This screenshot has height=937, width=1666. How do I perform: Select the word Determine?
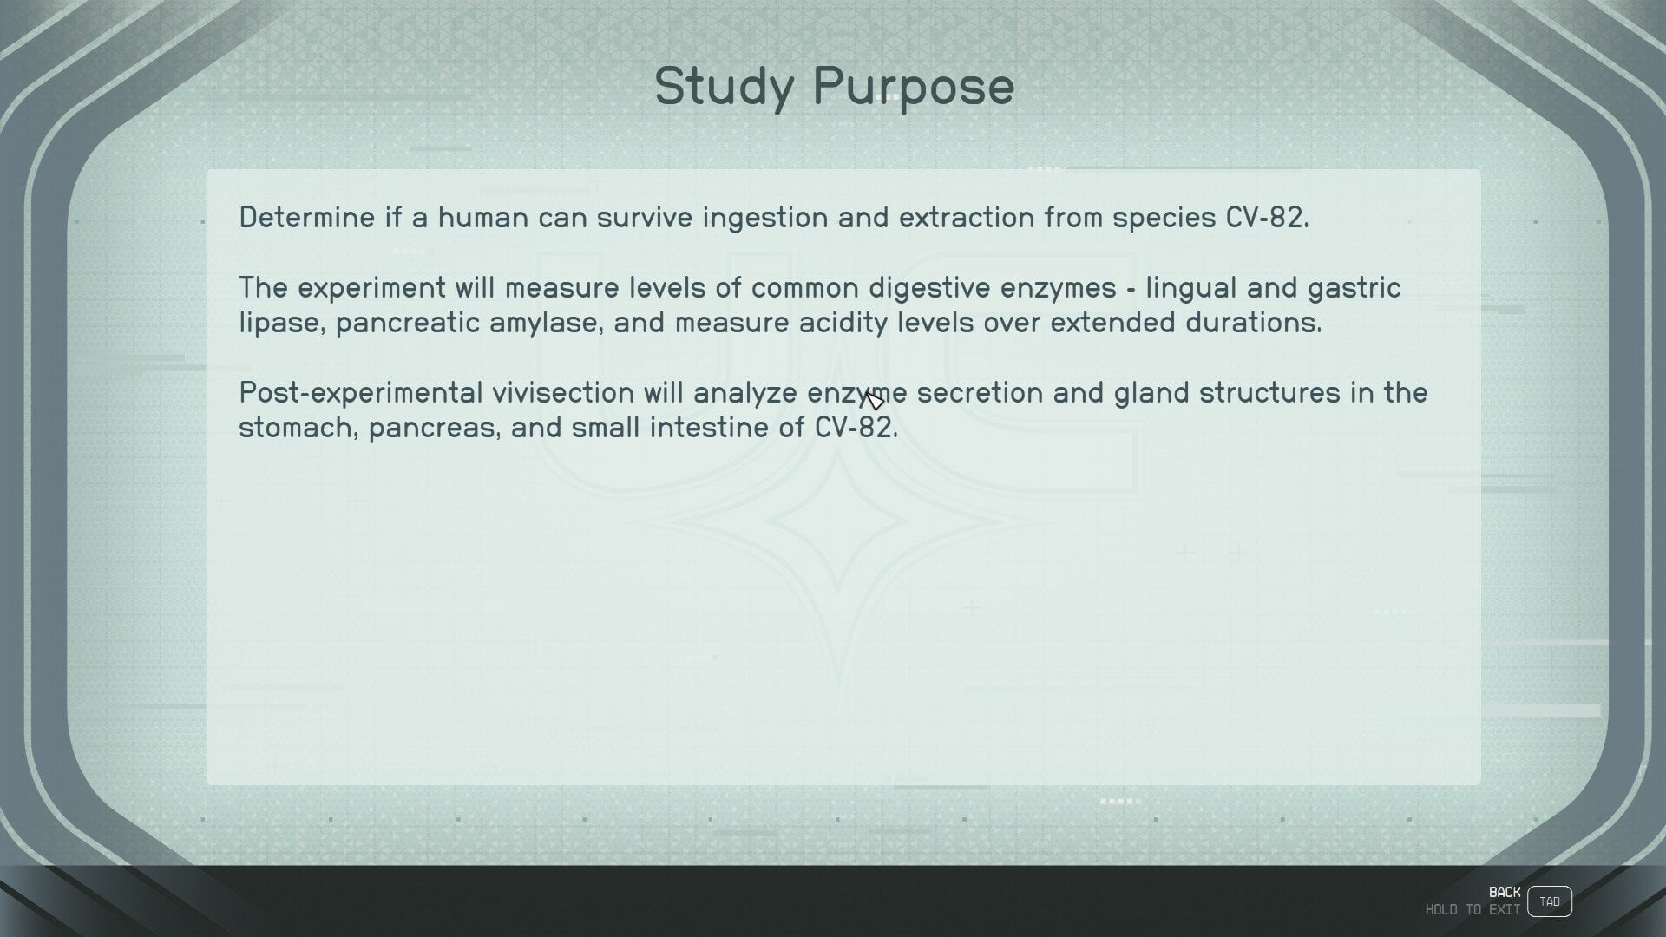[x=307, y=217]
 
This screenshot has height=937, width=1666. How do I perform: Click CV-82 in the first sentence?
[x=1267, y=217]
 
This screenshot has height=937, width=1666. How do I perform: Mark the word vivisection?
[x=563, y=392]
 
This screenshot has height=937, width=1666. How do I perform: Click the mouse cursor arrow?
[x=875, y=400]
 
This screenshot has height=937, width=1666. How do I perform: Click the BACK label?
[x=1505, y=892]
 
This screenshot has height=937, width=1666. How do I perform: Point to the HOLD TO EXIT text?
[x=1473, y=910]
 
